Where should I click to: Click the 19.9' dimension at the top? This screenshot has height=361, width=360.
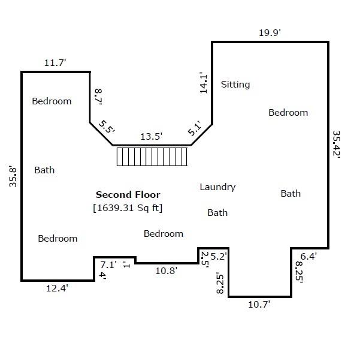pos(270,33)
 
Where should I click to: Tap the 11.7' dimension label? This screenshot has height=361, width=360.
pos(55,62)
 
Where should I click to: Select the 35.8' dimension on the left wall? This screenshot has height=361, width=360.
pos(13,176)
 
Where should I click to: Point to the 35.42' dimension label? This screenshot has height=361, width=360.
pos(337,145)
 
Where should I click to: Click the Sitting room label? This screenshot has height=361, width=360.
pos(235,85)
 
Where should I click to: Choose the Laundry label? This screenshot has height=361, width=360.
pos(217,187)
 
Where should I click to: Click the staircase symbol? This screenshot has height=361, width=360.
pos(152,157)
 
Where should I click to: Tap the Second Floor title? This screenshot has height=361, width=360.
pos(128,195)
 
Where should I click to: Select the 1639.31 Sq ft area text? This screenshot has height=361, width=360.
pos(128,208)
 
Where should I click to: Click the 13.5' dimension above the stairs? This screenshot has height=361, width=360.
pos(152,137)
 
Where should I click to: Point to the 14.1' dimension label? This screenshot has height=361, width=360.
pos(204,83)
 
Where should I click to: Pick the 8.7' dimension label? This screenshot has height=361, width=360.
pos(98,97)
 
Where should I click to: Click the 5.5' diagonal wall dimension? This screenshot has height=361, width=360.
pos(107,127)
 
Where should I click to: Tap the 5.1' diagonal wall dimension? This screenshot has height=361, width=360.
pos(195,128)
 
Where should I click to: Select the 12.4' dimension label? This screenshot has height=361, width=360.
pos(57,288)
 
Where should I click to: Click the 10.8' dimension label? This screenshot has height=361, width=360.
pos(166,271)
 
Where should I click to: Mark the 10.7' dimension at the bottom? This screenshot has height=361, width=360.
pos(259,305)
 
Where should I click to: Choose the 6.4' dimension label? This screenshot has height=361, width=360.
pos(308,256)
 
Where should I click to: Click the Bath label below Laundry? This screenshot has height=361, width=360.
pos(217,213)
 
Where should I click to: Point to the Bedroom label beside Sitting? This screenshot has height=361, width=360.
pos(288,113)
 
